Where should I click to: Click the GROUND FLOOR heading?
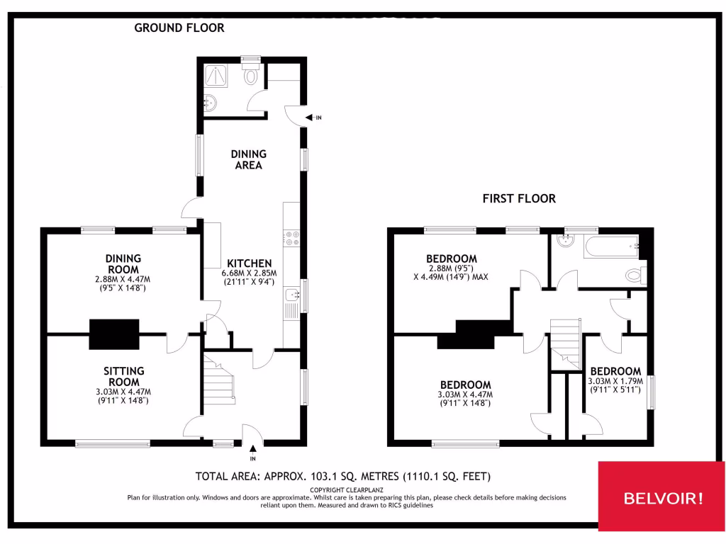(179, 28)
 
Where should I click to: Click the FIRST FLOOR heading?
(519, 199)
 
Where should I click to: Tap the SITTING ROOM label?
(124, 376)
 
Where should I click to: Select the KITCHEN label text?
(249, 263)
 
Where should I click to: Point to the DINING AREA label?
(249, 159)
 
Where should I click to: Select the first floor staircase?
(565, 339)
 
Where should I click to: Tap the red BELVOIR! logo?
(663, 498)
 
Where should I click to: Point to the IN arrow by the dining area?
(313, 118)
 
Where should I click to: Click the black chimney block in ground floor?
(113, 334)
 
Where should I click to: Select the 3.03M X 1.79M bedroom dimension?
(615, 380)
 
